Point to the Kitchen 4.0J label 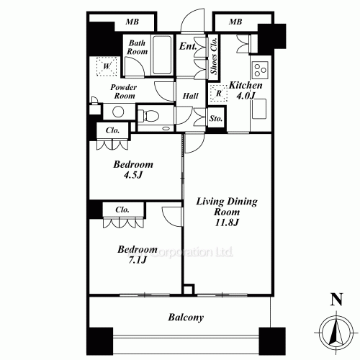(x=246, y=91)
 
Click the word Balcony (x=186, y=317)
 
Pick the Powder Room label (x=123, y=91)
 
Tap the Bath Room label (x=138, y=48)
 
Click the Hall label (x=190, y=95)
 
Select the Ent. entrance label (x=189, y=48)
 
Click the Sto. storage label (x=215, y=118)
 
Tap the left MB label (x=132, y=22)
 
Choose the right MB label (x=235, y=22)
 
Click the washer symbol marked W (x=107, y=67)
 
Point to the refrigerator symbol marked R (x=218, y=94)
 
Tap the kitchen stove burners (x=258, y=71)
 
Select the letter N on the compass (x=334, y=300)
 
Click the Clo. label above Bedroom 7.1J (x=121, y=210)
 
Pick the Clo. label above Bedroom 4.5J (x=112, y=130)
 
